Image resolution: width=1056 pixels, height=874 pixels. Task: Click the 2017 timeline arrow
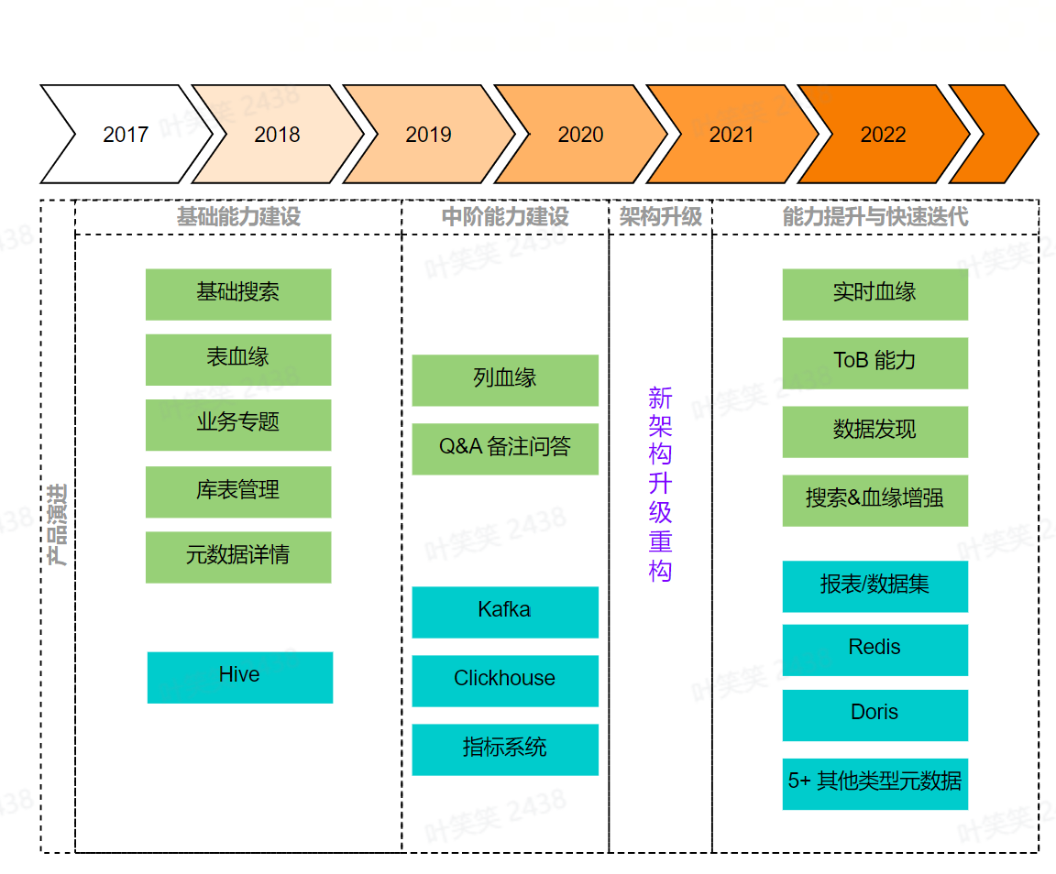[x=126, y=135]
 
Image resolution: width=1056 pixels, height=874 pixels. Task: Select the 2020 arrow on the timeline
[x=580, y=135]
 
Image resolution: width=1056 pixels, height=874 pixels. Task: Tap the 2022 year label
[x=883, y=135]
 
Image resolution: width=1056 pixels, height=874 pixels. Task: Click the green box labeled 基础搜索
[x=238, y=294]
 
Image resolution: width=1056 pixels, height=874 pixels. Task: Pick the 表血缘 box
[x=238, y=359]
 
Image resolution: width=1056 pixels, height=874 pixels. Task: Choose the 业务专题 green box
[x=238, y=424]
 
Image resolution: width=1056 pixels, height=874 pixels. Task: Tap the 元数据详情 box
[x=238, y=557]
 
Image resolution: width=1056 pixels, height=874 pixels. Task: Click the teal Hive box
[x=240, y=677]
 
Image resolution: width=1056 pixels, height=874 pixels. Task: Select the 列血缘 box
[x=505, y=379]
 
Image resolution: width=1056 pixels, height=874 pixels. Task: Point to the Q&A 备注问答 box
[x=505, y=448]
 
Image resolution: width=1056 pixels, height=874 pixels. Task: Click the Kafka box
[x=505, y=611]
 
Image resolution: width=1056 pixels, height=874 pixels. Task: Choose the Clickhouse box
[x=505, y=680]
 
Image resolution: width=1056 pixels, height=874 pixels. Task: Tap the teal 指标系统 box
[x=505, y=748]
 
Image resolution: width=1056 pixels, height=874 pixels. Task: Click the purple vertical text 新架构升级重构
[x=660, y=485]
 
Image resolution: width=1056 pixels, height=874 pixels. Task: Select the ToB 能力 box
[x=874, y=363]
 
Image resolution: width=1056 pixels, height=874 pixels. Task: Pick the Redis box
[x=874, y=649]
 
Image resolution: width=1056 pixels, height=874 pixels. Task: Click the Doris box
[x=874, y=714]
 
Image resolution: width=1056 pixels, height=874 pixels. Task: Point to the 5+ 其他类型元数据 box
[x=874, y=782]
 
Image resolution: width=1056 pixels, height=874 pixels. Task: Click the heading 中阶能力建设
[x=505, y=217]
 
